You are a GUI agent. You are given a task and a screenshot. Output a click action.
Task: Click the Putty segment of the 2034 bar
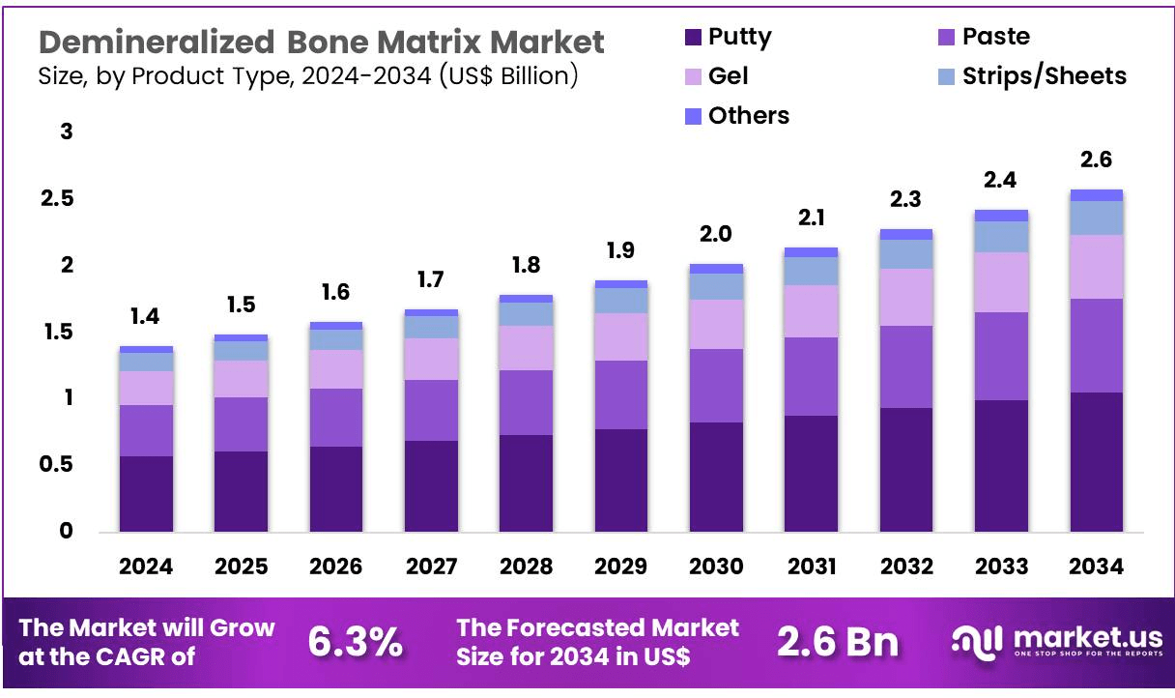(1097, 461)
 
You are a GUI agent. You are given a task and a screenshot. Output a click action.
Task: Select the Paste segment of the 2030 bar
(716, 385)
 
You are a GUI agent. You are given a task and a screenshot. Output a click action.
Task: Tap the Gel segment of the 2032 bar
(906, 297)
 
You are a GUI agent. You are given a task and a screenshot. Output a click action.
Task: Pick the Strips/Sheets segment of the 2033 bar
(1001, 237)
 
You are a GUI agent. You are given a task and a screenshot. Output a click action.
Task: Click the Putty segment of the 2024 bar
(146, 493)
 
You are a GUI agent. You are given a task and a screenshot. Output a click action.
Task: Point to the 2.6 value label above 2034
(1097, 160)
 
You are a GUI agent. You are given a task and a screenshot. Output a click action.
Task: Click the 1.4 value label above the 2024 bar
(146, 316)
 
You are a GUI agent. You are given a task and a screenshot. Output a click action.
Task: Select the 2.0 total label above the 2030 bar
(716, 234)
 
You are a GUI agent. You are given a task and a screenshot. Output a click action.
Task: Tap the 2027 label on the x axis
(431, 567)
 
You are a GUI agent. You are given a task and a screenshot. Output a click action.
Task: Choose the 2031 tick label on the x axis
(811, 567)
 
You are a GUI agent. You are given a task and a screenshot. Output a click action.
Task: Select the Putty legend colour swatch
(694, 38)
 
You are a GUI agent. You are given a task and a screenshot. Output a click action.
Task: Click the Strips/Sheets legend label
(1044, 75)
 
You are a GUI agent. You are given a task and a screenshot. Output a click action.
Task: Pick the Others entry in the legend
(748, 116)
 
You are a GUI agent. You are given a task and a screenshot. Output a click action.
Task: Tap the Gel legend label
(728, 75)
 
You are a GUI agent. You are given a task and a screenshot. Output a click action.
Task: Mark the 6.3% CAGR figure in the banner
(355, 642)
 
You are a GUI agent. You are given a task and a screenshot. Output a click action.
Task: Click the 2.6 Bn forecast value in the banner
(838, 642)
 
